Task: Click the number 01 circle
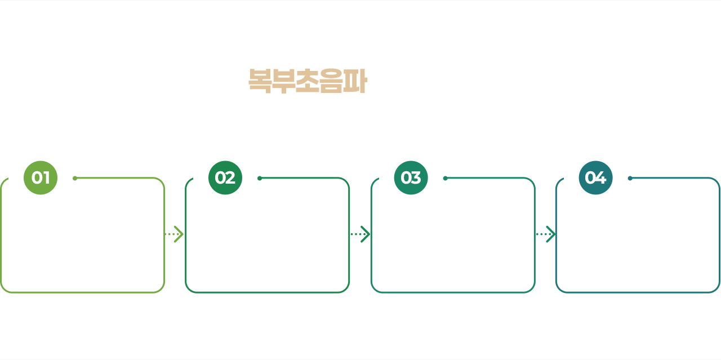click(41, 177)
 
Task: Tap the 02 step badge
click(225, 177)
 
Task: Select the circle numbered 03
click(411, 177)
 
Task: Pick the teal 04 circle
click(595, 177)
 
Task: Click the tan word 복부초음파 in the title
click(307, 82)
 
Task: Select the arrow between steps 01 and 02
click(175, 234)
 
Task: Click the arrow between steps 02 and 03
click(360, 234)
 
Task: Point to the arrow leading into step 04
click(545, 234)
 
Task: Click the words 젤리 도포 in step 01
click(83, 261)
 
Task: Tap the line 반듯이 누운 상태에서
click(267, 215)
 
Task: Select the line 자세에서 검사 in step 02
click(267, 268)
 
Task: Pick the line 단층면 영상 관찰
click(638, 261)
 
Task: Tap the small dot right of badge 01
click(75, 179)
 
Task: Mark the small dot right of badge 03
click(445, 179)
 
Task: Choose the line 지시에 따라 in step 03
click(453, 226)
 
